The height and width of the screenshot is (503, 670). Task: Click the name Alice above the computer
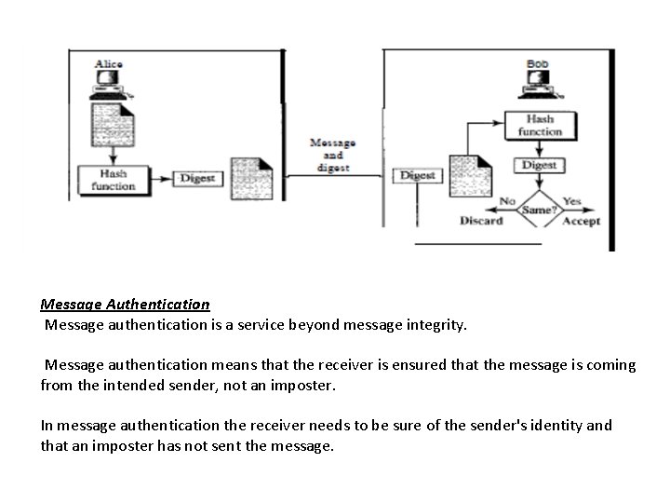tap(109, 64)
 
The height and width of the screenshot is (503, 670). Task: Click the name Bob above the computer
tap(537, 64)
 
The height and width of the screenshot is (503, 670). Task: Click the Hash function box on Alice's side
tap(113, 180)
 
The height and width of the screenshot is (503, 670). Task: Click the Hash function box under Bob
tap(540, 126)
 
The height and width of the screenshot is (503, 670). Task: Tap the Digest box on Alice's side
tap(196, 178)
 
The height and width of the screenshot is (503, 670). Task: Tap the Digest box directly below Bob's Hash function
tap(539, 165)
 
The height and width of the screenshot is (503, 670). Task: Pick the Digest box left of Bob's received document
tap(417, 175)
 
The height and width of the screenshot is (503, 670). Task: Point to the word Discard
tap(481, 221)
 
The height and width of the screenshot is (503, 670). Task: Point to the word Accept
tap(582, 221)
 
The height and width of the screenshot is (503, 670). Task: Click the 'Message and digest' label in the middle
tap(332, 155)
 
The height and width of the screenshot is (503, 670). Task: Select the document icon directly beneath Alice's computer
tap(112, 129)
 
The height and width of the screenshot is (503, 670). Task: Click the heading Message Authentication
tap(125, 304)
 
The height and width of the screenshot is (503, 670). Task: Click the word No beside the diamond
tap(507, 200)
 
